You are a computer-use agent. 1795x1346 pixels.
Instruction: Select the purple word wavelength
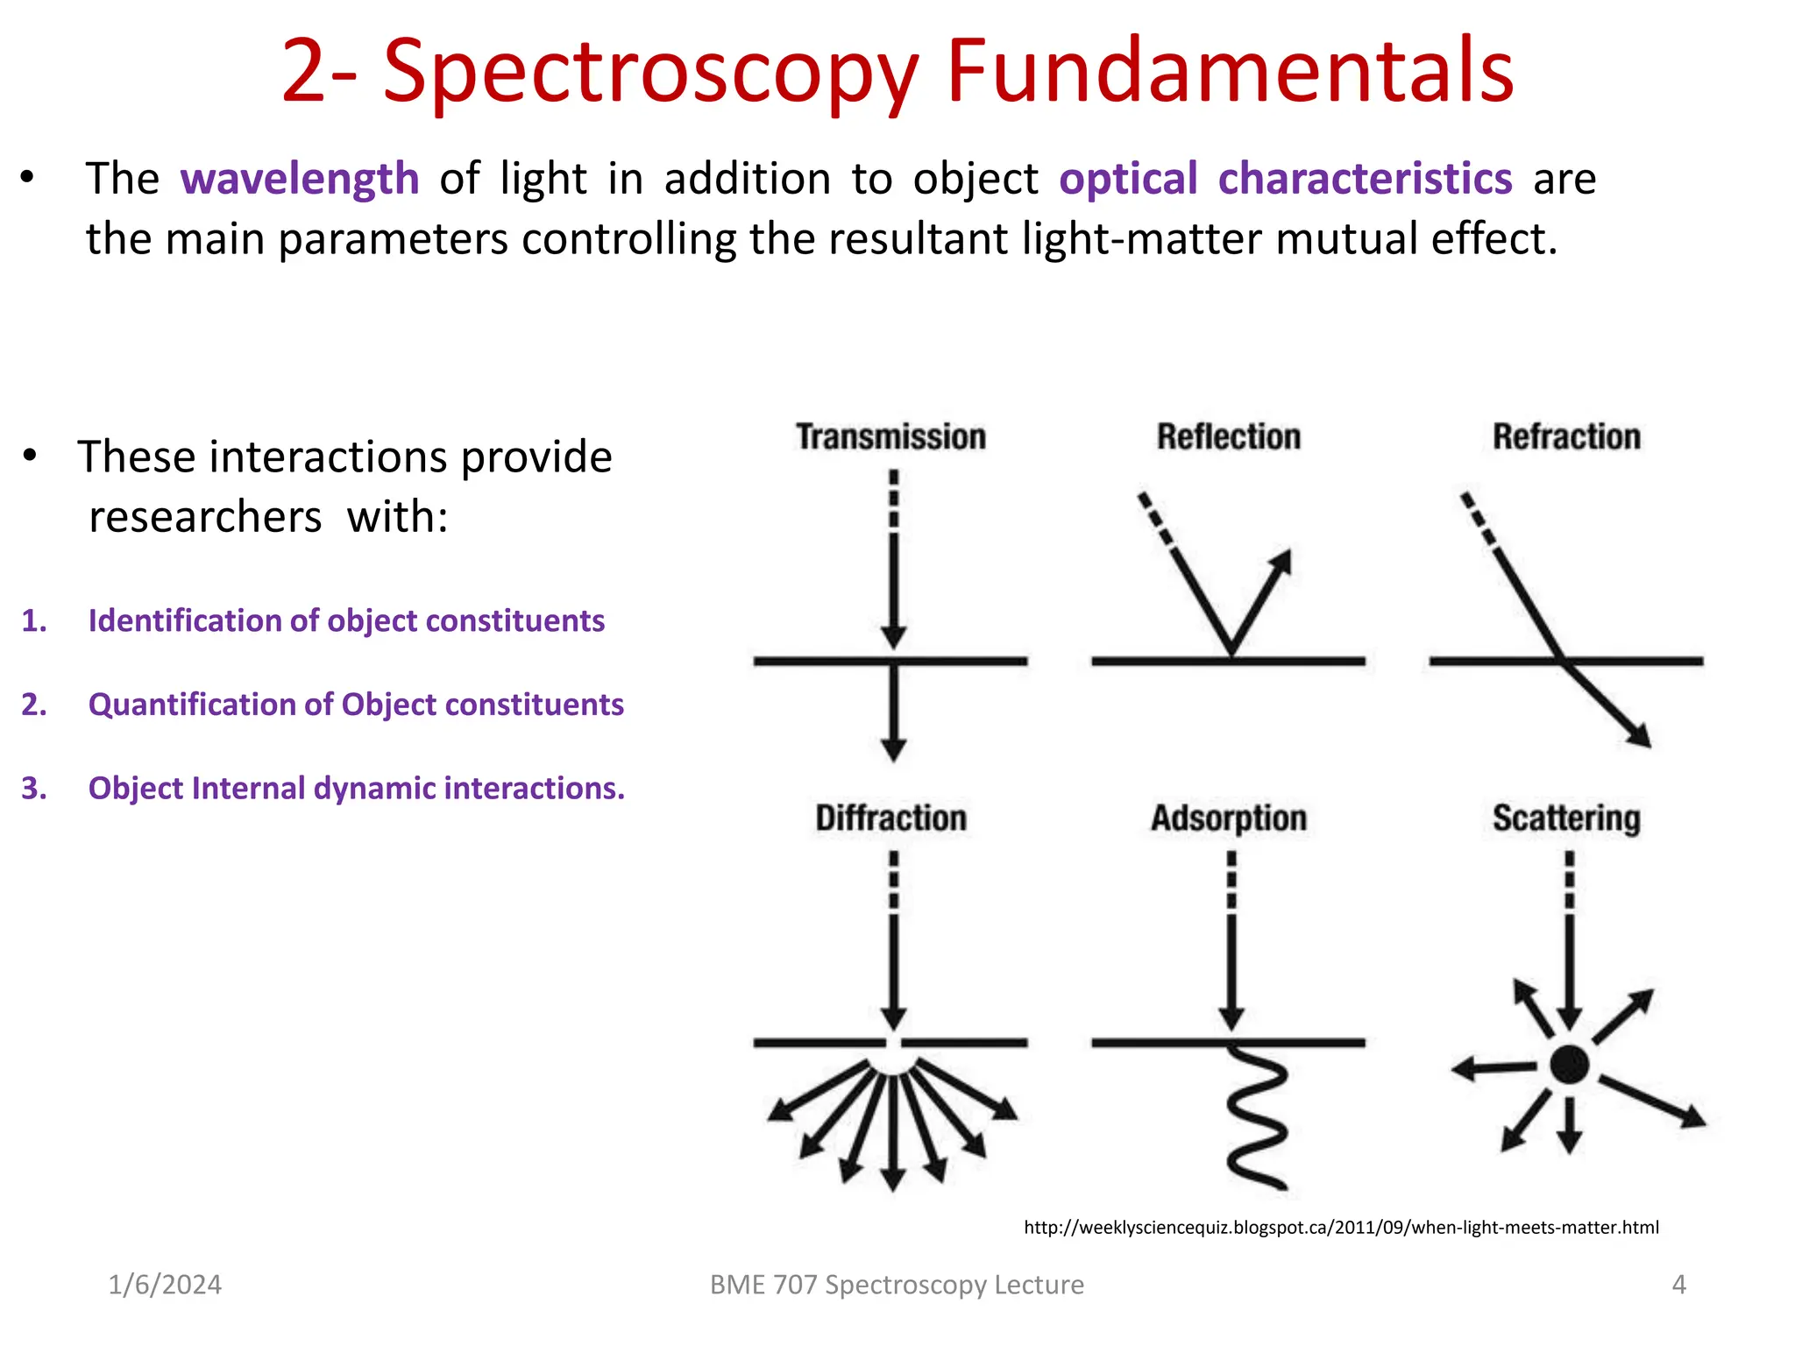click(x=300, y=179)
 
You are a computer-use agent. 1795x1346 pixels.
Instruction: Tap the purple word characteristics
click(x=1365, y=179)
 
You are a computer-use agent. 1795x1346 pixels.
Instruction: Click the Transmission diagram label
click(x=890, y=436)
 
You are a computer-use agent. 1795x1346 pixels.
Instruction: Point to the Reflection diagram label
click(x=1228, y=436)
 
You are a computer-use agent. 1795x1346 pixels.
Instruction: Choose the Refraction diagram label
click(x=1566, y=436)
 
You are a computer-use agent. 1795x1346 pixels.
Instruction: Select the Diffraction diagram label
click(x=890, y=818)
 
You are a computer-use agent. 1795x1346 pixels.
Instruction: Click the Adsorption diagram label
click(x=1228, y=818)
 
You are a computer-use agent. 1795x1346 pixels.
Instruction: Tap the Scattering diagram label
click(x=1566, y=818)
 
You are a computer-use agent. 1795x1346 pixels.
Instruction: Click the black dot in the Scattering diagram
click(x=1569, y=1065)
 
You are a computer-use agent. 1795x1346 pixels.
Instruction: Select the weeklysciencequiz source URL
click(x=1341, y=1227)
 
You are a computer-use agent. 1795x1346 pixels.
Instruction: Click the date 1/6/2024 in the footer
click(x=165, y=1285)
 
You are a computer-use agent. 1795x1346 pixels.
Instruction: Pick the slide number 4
click(x=1678, y=1285)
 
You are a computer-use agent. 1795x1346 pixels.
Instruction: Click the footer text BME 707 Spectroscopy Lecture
click(x=897, y=1285)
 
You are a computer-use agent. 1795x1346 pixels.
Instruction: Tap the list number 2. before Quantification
click(x=34, y=705)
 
